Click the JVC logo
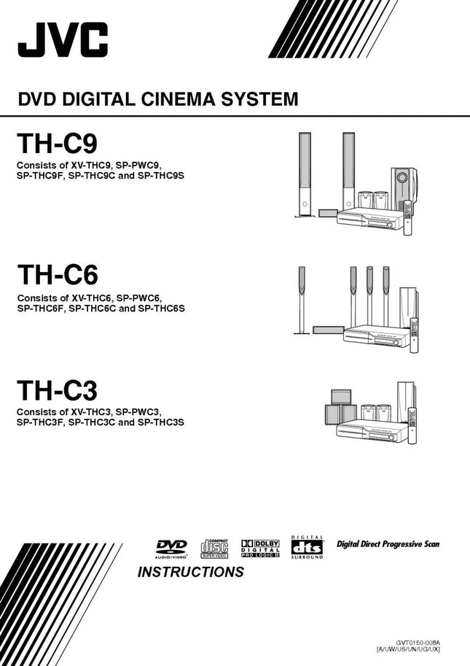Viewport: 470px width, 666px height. point(63,39)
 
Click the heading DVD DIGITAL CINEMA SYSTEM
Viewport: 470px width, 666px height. point(157,100)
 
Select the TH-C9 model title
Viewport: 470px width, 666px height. point(56,142)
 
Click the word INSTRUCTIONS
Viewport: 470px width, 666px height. point(190,572)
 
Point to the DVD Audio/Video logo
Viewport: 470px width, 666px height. point(171,549)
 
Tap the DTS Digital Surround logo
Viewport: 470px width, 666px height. point(307,548)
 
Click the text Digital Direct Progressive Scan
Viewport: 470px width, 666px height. point(388,544)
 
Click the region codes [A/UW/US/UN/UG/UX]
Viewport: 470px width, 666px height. point(408,649)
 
